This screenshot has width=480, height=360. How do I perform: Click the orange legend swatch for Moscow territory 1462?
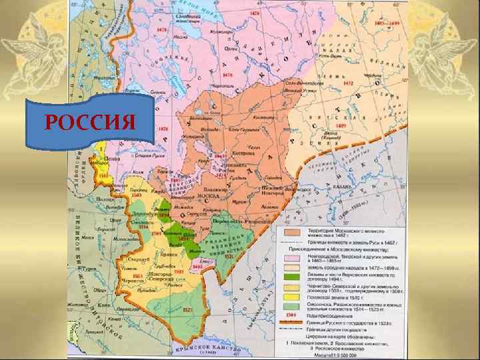(290, 231)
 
